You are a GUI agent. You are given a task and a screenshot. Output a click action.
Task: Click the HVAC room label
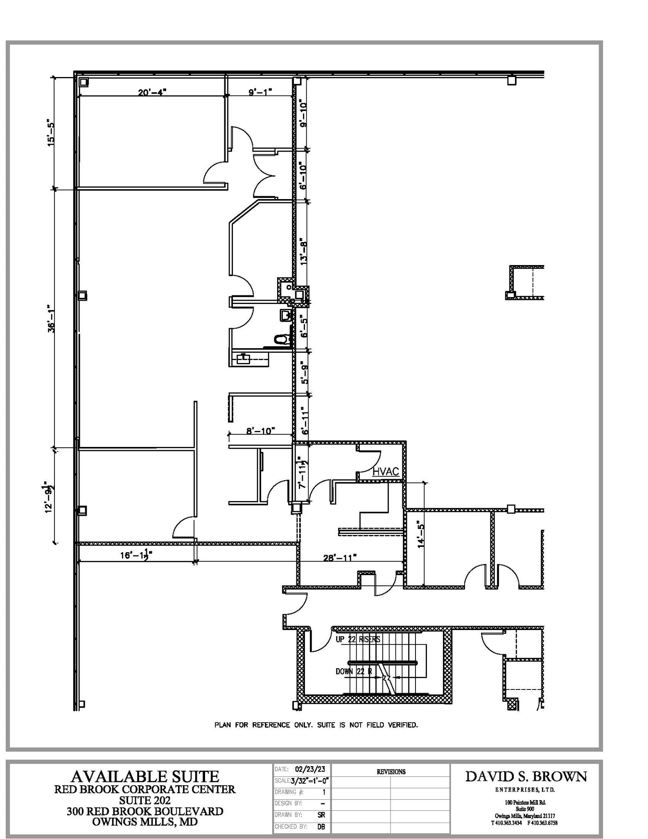[386, 472]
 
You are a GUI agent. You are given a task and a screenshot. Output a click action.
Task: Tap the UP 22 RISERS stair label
[358, 639]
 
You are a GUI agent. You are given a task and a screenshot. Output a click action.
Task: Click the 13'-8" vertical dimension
[303, 252]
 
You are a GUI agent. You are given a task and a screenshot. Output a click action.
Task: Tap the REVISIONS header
[391, 772]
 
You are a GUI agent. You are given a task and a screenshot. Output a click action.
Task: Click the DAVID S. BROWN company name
[526, 776]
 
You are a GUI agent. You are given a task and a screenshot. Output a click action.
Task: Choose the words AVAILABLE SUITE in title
[145, 776]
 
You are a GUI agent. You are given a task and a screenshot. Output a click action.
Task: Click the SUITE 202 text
[145, 800]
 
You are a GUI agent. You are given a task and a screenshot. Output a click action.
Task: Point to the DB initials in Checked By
[321, 827]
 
